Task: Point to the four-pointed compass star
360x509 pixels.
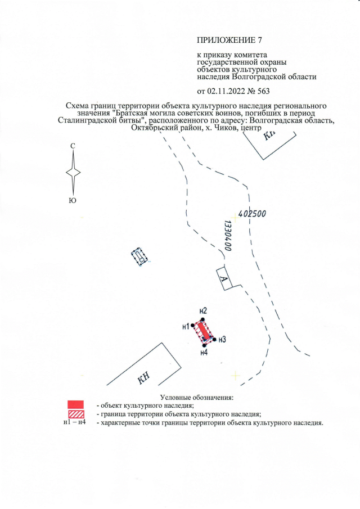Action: tap(73, 173)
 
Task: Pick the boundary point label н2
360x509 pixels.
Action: tap(204, 311)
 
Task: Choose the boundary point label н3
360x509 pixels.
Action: tap(222, 339)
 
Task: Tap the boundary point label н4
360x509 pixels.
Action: tap(205, 353)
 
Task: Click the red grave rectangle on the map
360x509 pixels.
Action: tap(203, 331)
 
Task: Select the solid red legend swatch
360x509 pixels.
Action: tap(75, 404)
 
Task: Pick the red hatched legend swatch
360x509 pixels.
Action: tap(75, 413)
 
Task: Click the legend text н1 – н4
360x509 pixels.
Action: tap(75, 422)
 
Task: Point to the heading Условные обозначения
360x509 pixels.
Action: tap(196, 398)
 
